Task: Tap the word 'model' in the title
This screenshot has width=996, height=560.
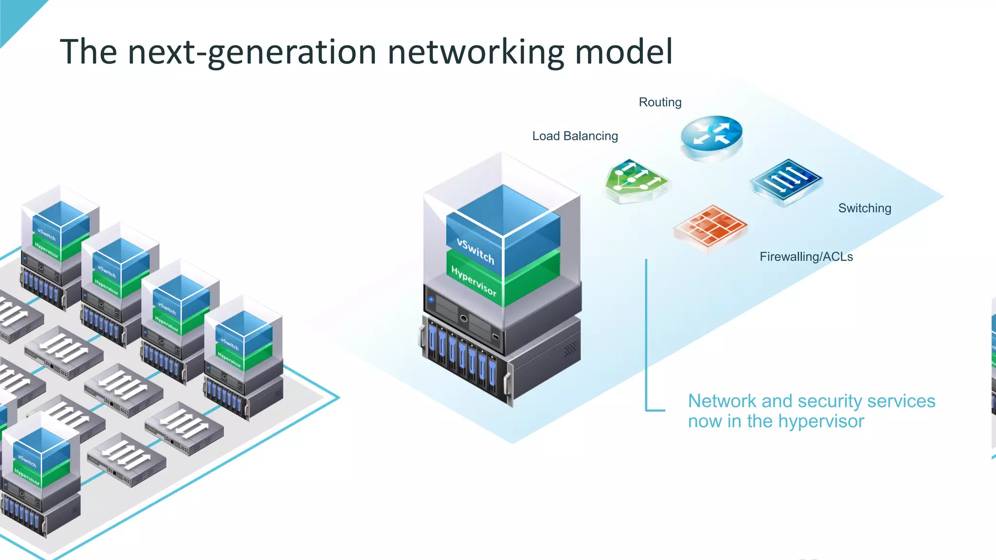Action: pyautogui.click(x=624, y=52)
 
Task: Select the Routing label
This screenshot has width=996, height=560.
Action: pyautogui.click(x=660, y=102)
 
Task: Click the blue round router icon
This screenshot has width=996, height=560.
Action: pyautogui.click(x=711, y=135)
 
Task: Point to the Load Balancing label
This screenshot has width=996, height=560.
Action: pyautogui.click(x=575, y=136)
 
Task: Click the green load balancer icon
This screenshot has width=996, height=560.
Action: pyautogui.click(x=635, y=180)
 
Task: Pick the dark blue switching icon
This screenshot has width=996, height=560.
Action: pyautogui.click(x=785, y=181)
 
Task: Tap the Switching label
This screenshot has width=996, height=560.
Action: pyautogui.click(x=864, y=208)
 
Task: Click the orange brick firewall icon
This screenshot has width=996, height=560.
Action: pyautogui.click(x=711, y=227)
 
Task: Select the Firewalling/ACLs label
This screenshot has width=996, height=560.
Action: pyautogui.click(x=806, y=257)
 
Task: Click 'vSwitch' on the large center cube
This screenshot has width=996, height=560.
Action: pyautogui.click(x=475, y=251)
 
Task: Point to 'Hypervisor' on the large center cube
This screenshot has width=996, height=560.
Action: pyautogui.click(x=474, y=281)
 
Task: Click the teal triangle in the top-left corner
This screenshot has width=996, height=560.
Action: pyautogui.click(x=15, y=15)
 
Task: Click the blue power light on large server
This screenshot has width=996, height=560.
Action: pyautogui.click(x=431, y=299)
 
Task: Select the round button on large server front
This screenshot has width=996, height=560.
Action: pyautogui.click(x=463, y=318)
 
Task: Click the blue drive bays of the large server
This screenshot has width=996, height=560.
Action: pyautogui.click(x=462, y=357)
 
